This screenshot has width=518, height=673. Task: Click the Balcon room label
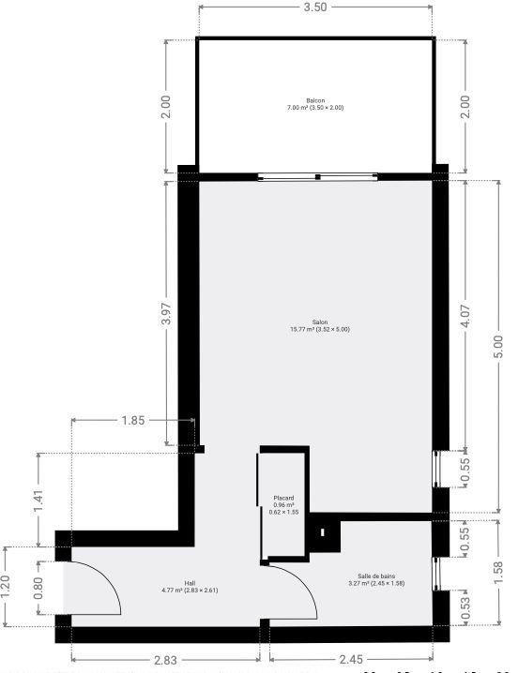coord(315,104)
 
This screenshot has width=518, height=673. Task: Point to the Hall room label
coord(190,586)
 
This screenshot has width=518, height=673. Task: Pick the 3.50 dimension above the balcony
coord(315,7)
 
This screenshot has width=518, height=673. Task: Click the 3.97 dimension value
coord(166,315)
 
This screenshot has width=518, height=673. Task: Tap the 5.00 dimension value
coord(497,346)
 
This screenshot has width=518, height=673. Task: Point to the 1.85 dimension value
coord(133,421)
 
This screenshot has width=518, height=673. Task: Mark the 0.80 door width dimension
coord(39,587)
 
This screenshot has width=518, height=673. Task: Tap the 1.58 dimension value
coord(497,570)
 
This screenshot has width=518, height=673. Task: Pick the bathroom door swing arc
coord(296,592)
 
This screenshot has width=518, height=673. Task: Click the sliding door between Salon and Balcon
coord(317,176)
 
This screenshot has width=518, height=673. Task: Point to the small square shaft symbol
coord(323,532)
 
